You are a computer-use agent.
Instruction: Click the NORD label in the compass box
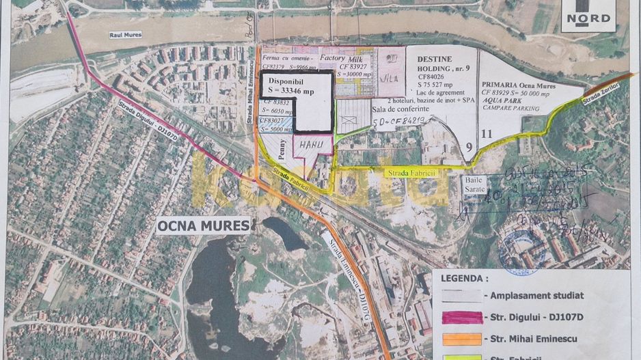[587, 18]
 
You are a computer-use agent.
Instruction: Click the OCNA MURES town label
[203, 225]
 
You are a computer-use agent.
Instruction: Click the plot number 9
[469, 146]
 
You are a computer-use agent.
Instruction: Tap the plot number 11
[487, 134]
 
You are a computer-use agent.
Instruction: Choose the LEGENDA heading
[465, 279]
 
